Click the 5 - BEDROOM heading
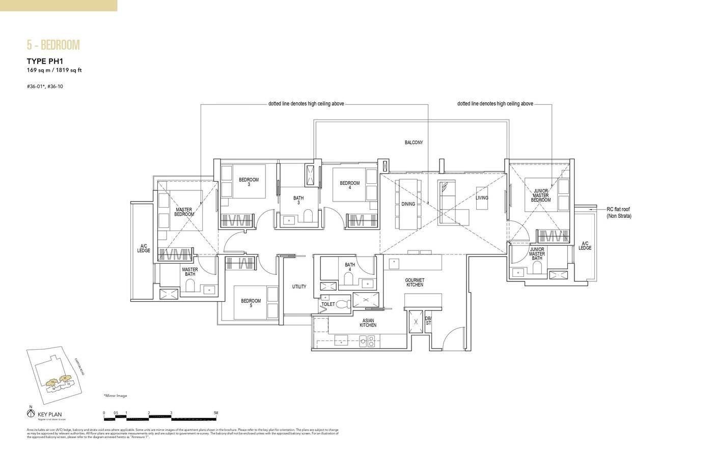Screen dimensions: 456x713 pos(53,45)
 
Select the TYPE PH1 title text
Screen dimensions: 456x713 pos(44,62)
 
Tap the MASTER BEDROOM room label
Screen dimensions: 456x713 pos(184,212)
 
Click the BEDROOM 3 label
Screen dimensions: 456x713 pos(249,182)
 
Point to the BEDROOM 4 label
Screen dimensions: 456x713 pos(349,185)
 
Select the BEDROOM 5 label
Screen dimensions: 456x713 pos(251,303)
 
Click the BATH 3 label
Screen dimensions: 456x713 pos(298,201)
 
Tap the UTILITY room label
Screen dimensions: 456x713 pos(299,287)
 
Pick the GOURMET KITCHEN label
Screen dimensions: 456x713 pos(415,282)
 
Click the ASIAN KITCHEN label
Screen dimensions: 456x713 pos(368,322)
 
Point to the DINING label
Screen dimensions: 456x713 pos(408,204)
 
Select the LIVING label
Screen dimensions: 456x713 pos(482,198)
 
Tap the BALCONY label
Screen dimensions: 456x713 pos(414,143)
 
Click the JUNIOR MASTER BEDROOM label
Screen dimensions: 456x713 pos(540,195)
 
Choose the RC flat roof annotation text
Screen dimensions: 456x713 pos(619,213)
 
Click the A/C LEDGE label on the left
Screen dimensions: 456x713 pos(144,248)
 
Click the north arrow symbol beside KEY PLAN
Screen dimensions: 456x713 pos(31,413)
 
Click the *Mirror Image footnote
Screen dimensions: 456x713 pos(115,395)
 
